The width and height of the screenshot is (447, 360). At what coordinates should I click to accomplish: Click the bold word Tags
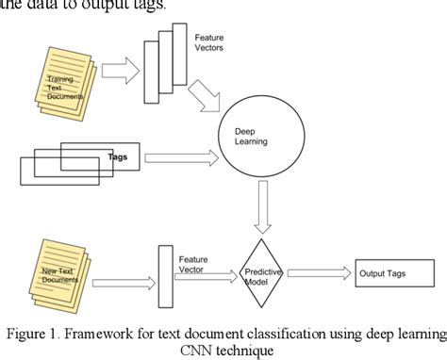click(x=118, y=157)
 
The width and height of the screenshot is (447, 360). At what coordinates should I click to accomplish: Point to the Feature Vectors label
click(x=210, y=42)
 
